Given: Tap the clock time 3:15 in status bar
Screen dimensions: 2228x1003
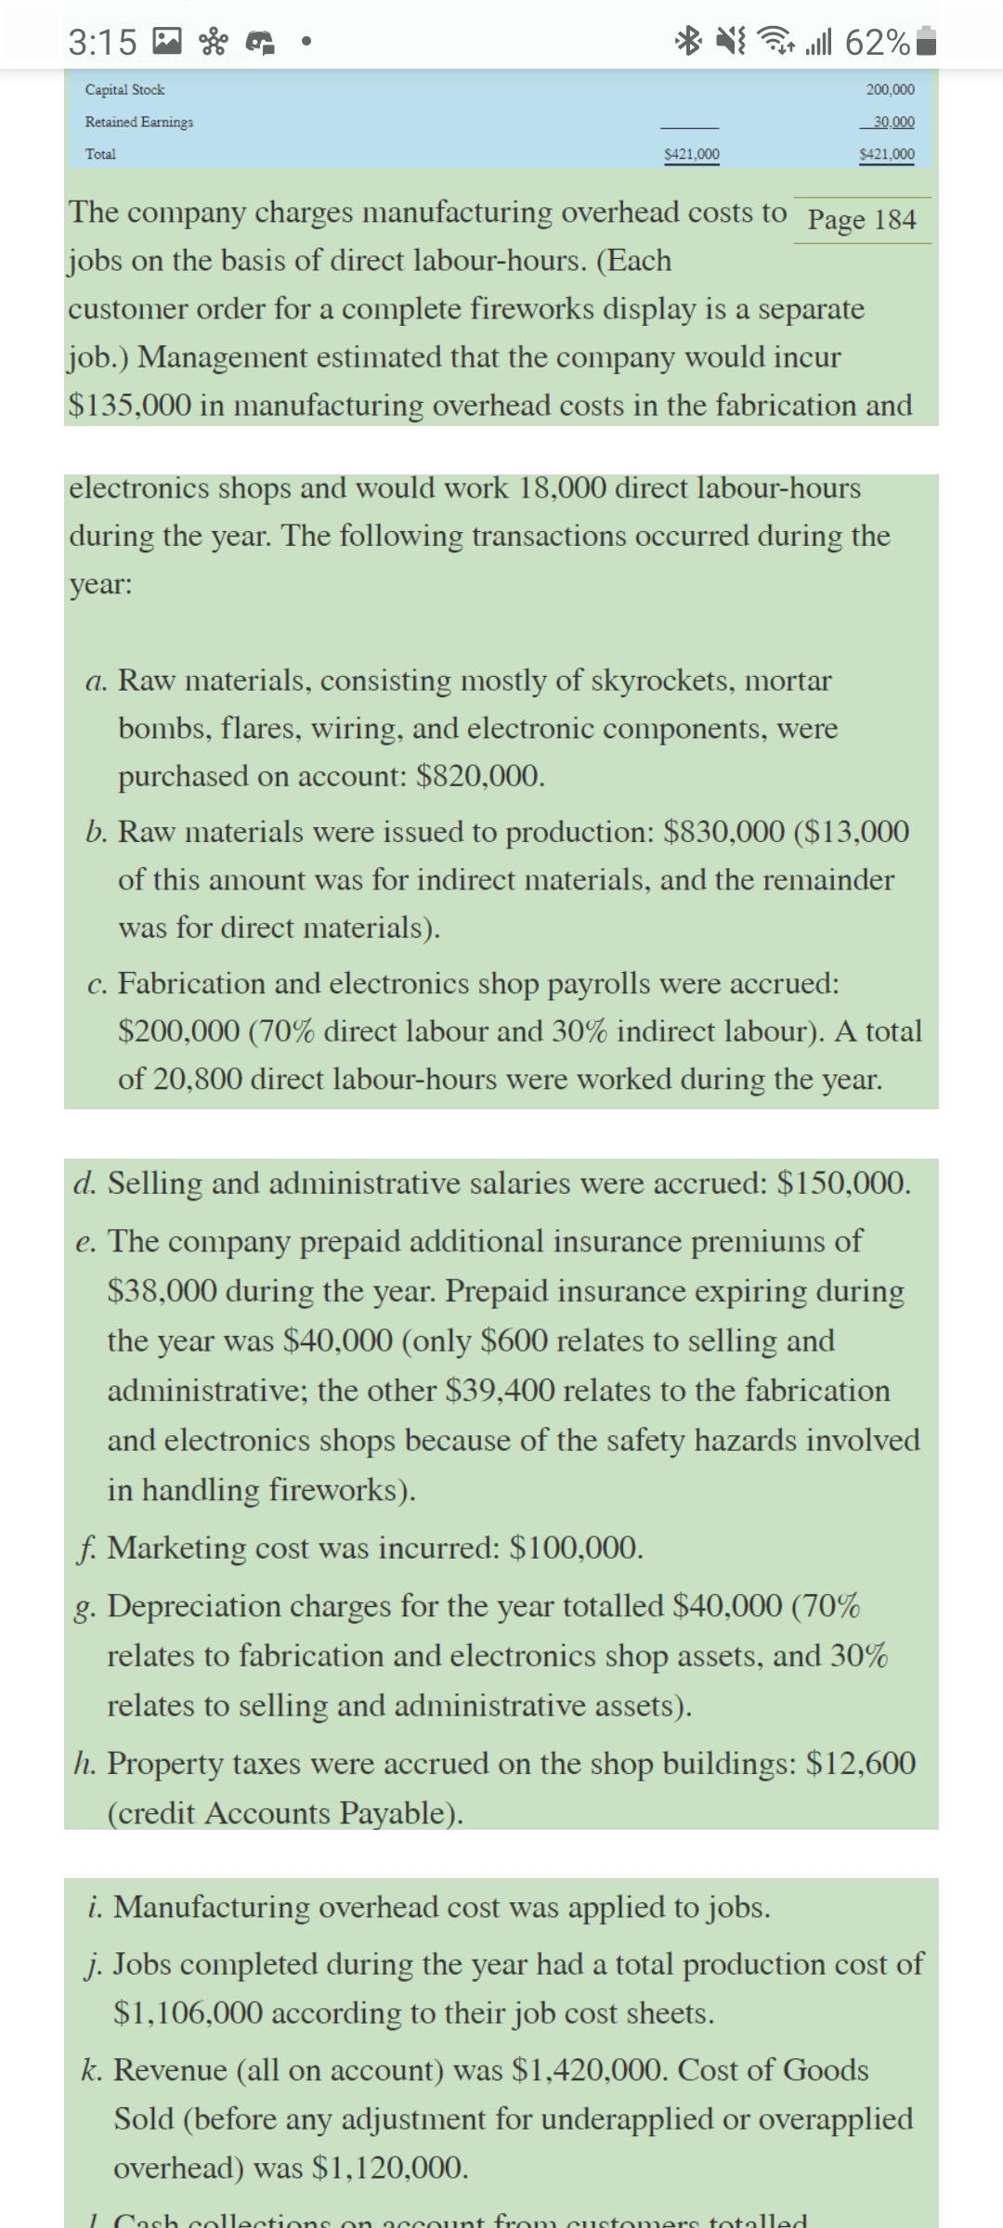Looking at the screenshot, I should (102, 43).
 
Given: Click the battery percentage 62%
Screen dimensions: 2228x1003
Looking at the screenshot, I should (878, 43).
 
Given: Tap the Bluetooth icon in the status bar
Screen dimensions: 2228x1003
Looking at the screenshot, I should (690, 43).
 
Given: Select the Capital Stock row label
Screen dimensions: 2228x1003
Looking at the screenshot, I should (124, 90).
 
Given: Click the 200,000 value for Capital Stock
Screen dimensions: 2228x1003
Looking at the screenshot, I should (889, 90).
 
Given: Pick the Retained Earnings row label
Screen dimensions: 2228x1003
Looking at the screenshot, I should (139, 122).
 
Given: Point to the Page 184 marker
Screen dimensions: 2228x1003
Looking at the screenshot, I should (862, 220).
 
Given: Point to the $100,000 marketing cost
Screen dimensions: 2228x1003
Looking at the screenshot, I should (576, 1548).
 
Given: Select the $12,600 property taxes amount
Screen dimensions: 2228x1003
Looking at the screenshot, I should (861, 1763).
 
